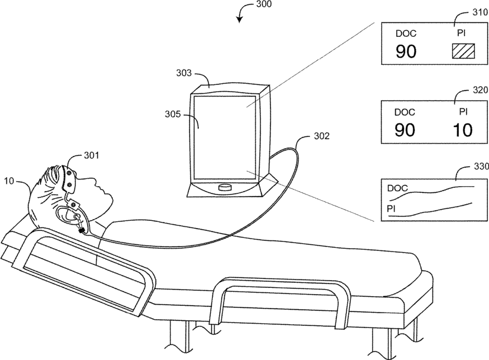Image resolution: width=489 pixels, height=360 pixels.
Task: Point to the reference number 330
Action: pos(479,166)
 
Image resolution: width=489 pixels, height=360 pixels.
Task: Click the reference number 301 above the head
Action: pos(91,155)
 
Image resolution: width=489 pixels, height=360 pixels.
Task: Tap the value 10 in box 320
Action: pos(461,130)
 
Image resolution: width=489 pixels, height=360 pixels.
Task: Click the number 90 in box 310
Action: pos(406,52)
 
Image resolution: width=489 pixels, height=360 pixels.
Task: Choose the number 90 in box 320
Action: pos(406,130)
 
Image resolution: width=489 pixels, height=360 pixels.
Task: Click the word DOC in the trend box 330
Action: pos(397,188)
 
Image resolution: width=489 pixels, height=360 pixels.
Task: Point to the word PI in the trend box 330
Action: pos(392,208)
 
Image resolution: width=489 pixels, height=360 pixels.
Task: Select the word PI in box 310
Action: pos(461,34)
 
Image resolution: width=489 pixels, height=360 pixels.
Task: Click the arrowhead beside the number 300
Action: pos(240,20)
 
